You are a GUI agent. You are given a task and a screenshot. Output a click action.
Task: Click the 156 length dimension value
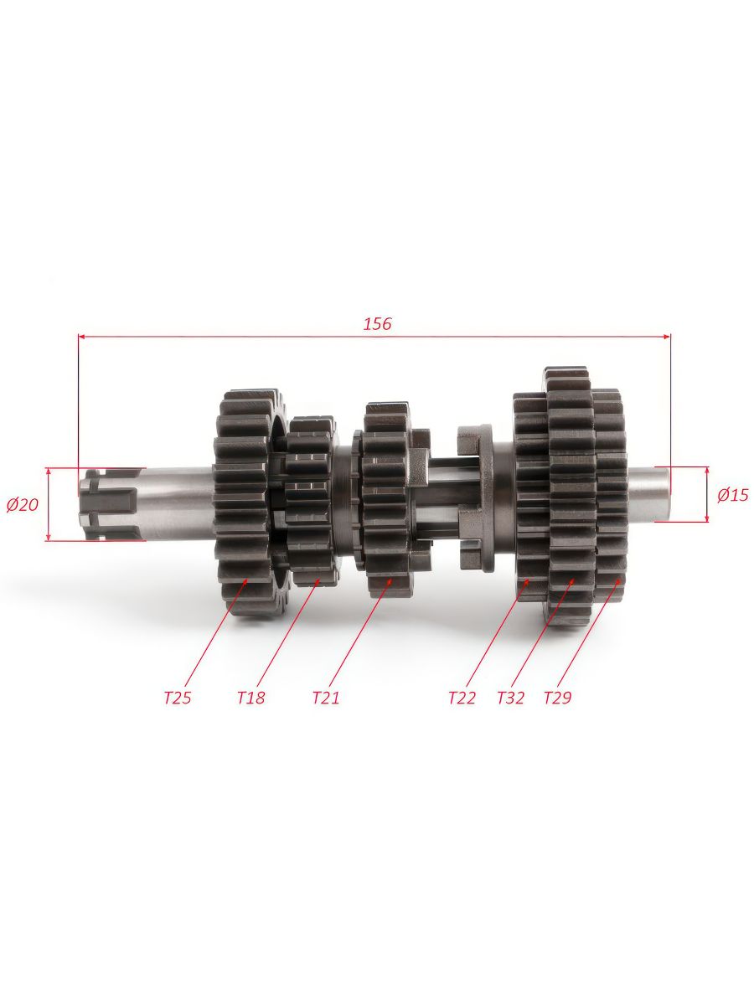(x=378, y=324)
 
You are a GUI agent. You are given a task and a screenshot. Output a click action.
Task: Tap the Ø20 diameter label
(x=23, y=505)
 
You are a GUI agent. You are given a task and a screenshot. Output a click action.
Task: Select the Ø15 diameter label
(x=733, y=495)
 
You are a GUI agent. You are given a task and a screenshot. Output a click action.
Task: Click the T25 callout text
(x=178, y=698)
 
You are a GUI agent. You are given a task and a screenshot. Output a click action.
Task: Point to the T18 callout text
(x=250, y=698)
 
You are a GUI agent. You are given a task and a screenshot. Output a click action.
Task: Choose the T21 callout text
(x=326, y=698)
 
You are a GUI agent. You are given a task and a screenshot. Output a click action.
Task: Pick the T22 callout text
(x=462, y=698)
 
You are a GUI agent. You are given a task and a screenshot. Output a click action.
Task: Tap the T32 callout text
(x=510, y=698)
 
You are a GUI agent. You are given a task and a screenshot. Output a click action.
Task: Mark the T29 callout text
(x=558, y=698)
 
